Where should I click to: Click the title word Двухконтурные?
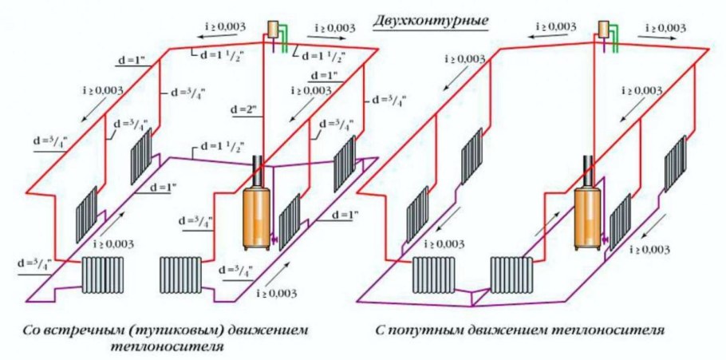431,18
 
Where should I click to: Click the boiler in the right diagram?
587,216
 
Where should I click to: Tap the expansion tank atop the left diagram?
274,28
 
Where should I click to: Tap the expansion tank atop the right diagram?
604,29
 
